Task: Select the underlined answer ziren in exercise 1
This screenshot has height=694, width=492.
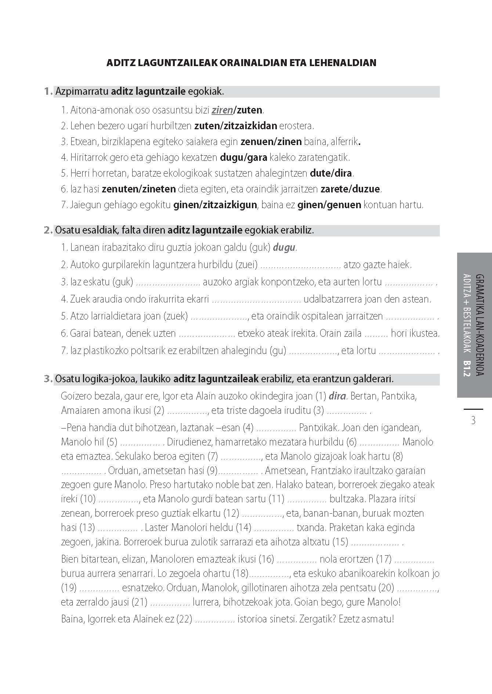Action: pyautogui.click(x=222, y=110)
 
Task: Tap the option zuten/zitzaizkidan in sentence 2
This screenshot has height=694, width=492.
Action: pyautogui.click(x=235, y=126)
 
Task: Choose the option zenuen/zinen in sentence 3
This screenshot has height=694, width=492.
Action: pyautogui.click(x=271, y=142)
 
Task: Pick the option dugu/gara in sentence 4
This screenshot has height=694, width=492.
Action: pyautogui.click(x=243, y=158)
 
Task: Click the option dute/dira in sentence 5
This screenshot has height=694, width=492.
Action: pyautogui.click(x=331, y=173)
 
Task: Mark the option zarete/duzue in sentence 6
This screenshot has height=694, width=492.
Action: pyautogui.click(x=350, y=189)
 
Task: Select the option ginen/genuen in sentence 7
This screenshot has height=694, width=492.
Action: pyautogui.click(x=329, y=205)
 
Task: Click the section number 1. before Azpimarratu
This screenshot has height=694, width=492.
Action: pyautogui.click(x=48, y=91)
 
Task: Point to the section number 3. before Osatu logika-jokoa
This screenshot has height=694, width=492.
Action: pyautogui.click(x=48, y=379)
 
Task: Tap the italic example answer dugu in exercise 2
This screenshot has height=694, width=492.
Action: pyautogui.click(x=284, y=247)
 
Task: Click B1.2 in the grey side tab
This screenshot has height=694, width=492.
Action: pyautogui.click(x=467, y=369)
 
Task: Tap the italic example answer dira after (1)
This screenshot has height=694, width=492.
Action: pyautogui.click(x=337, y=396)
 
